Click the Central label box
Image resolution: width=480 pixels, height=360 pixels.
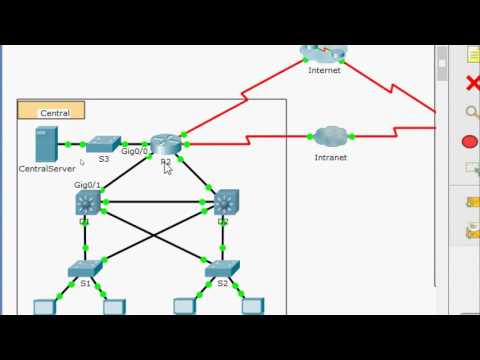(52, 112)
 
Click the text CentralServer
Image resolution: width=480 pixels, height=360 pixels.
(47, 169)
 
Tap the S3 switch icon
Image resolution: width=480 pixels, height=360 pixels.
(103, 144)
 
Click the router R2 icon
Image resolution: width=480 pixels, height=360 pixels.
(165, 145)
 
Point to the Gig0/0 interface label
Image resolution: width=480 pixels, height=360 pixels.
(135, 152)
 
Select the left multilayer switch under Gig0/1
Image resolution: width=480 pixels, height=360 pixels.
(87, 203)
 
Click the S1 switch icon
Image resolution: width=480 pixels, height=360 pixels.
(84, 269)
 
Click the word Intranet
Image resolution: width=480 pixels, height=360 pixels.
(330, 157)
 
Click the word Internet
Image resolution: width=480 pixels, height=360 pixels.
(324, 70)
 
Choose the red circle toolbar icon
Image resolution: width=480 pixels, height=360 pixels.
(470, 142)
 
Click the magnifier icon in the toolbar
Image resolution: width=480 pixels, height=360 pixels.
(472, 113)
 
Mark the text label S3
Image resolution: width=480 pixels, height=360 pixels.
(103, 159)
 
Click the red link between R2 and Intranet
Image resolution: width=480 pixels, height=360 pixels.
(250, 143)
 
